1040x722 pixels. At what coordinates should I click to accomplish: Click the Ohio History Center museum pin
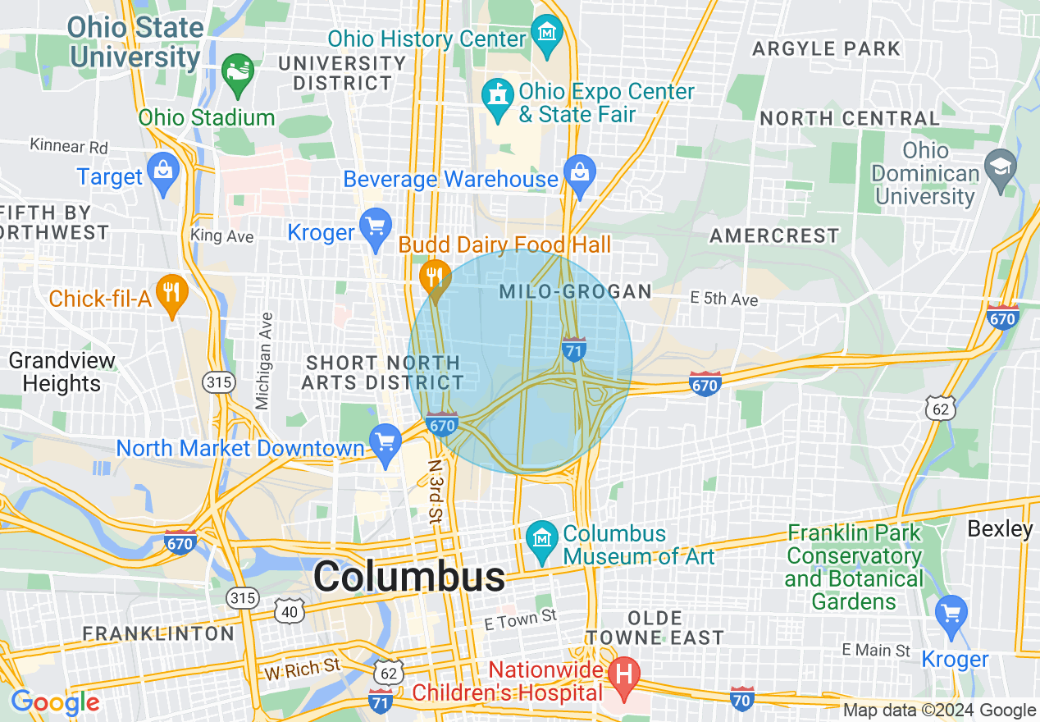(545, 34)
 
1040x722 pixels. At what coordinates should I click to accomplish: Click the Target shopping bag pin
(164, 171)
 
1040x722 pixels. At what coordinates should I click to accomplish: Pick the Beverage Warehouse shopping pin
(580, 174)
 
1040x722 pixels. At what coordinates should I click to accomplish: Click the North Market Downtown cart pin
(385, 444)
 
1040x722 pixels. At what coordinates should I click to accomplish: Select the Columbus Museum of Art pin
(542, 538)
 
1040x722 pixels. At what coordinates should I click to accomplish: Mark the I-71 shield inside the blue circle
(574, 349)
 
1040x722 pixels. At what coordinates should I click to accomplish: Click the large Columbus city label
(409, 577)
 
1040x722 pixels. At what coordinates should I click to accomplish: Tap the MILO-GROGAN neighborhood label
(575, 291)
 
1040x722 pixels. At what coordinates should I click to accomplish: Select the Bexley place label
(1000, 528)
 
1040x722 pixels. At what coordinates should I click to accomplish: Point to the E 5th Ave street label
(724, 299)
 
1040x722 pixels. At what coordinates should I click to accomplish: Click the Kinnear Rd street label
(69, 146)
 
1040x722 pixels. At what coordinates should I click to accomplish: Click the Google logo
(55, 702)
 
